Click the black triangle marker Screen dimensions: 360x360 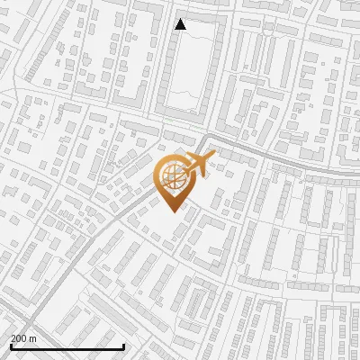(x=181, y=25)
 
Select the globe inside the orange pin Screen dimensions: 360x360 (x=171, y=175)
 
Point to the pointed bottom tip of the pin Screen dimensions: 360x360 (x=171, y=211)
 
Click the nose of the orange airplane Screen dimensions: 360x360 (x=213, y=158)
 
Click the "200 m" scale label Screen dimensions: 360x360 (x=23, y=338)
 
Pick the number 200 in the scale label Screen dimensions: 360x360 (x=19, y=338)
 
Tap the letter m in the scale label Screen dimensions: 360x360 (x=32, y=338)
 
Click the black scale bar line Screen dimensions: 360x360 (x=67, y=346)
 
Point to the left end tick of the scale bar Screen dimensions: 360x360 (x=11, y=345)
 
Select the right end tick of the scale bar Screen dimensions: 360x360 (x=124, y=345)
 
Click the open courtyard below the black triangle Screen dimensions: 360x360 (x=191, y=72)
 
